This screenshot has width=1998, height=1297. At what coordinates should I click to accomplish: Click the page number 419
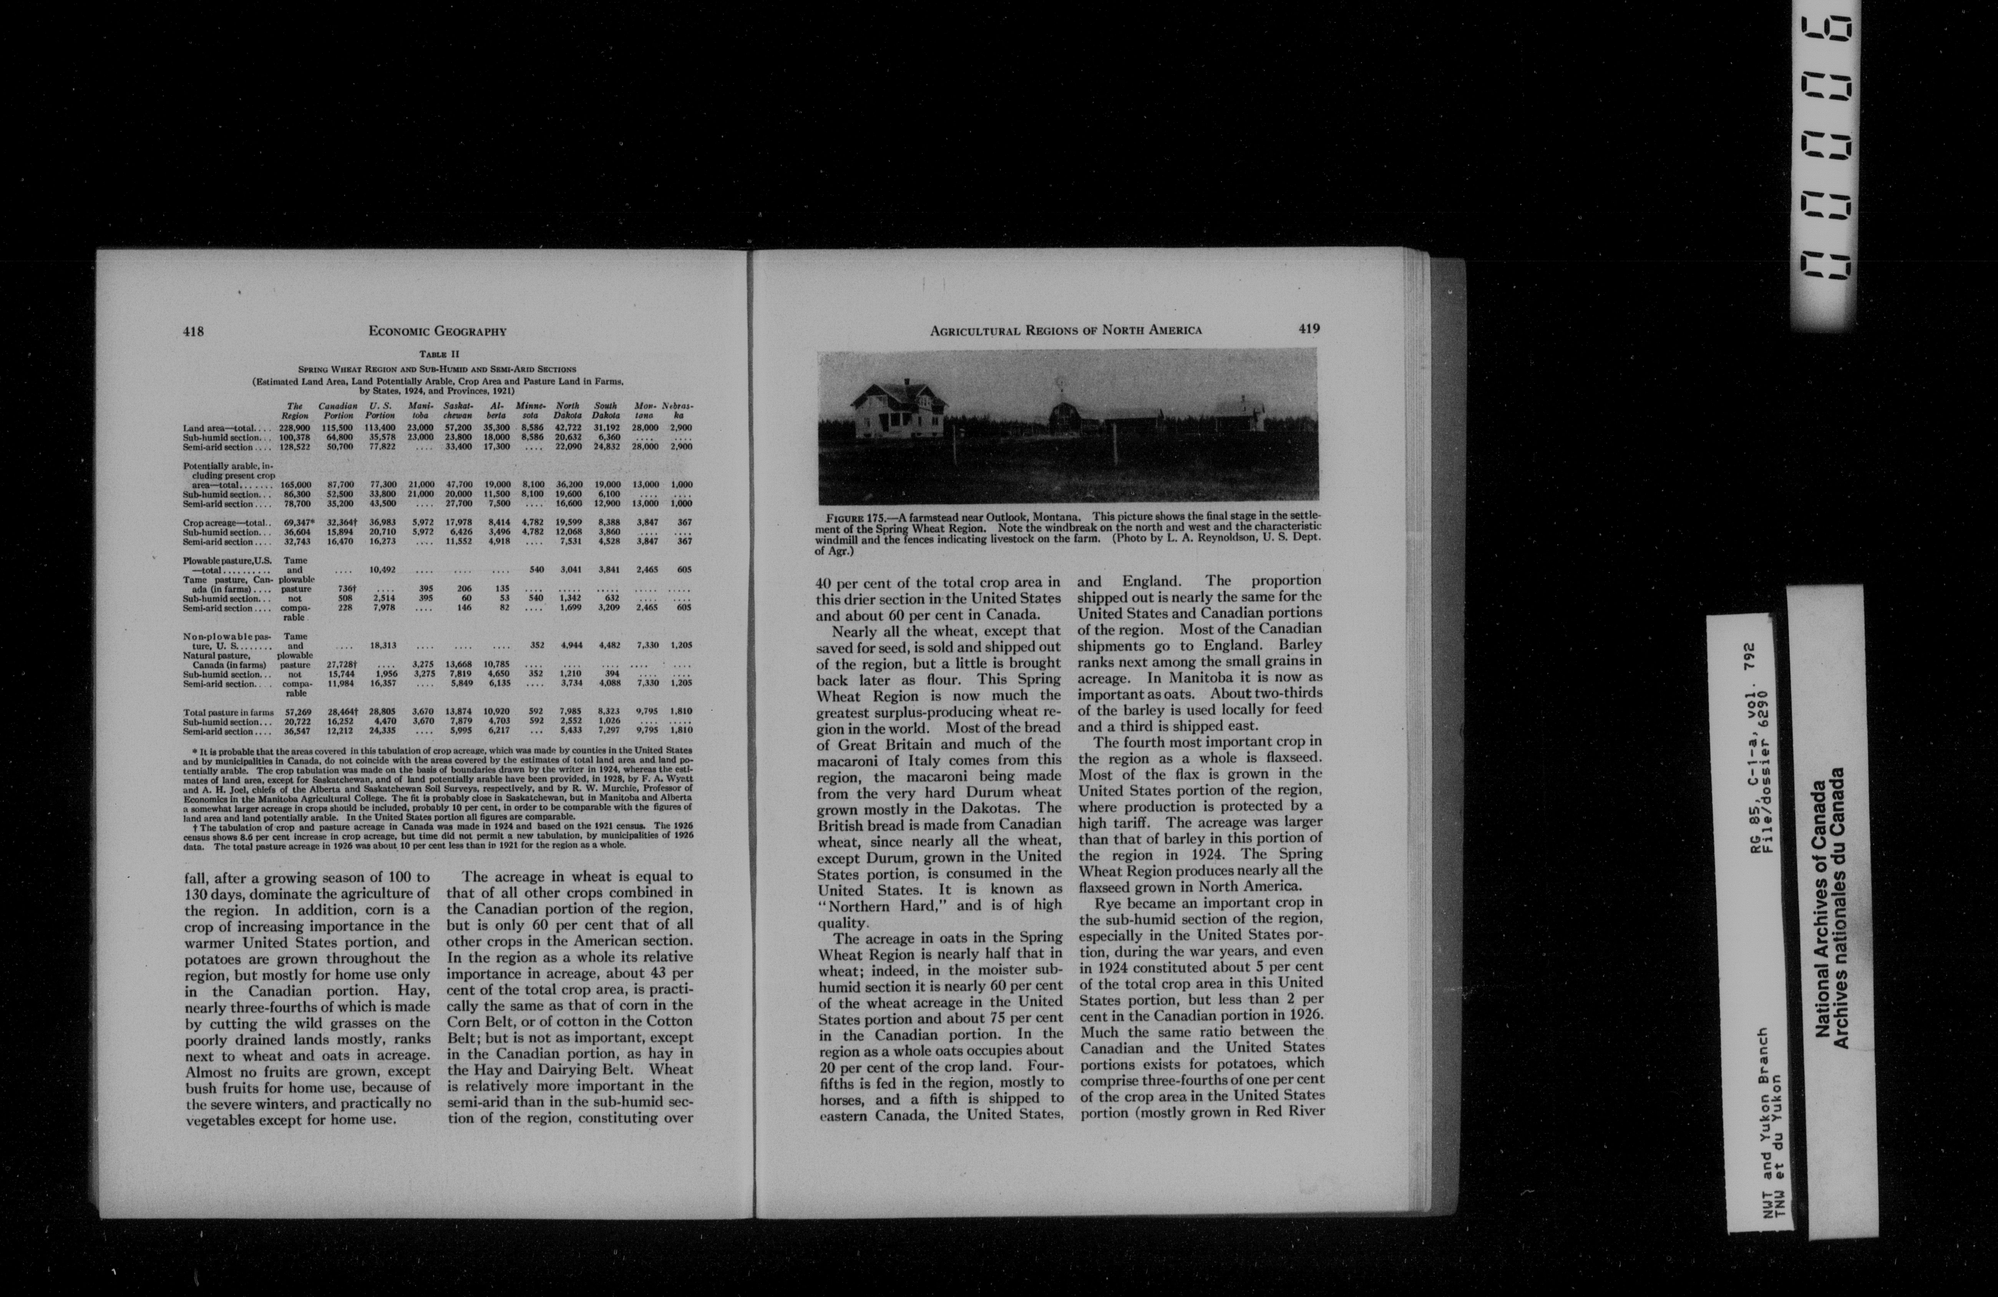click(x=1309, y=329)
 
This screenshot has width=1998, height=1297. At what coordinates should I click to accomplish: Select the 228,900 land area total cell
click(x=295, y=428)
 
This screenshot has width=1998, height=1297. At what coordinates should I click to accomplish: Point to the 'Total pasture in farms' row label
click(x=228, y=712)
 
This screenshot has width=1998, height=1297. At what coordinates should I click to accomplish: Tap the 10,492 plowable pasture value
click(x=382, y=570)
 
